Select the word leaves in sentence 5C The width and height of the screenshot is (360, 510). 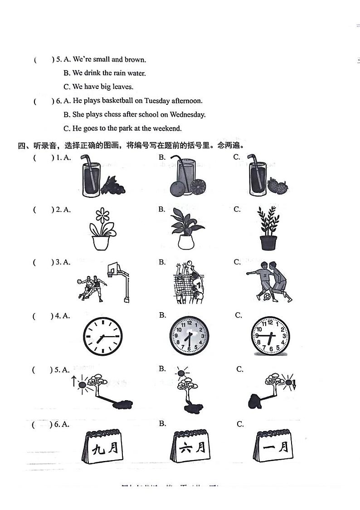tap(123, 87)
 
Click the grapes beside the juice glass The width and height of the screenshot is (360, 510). tap(113, 185)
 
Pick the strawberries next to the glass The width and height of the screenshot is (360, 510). tap(277, 186)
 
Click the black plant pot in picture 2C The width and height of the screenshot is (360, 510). tap(268, 242)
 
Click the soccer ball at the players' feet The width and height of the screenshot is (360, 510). tap(267, 297)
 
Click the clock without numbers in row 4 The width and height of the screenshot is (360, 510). tap(103, 336)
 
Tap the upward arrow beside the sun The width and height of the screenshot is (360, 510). tap(73, 380)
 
